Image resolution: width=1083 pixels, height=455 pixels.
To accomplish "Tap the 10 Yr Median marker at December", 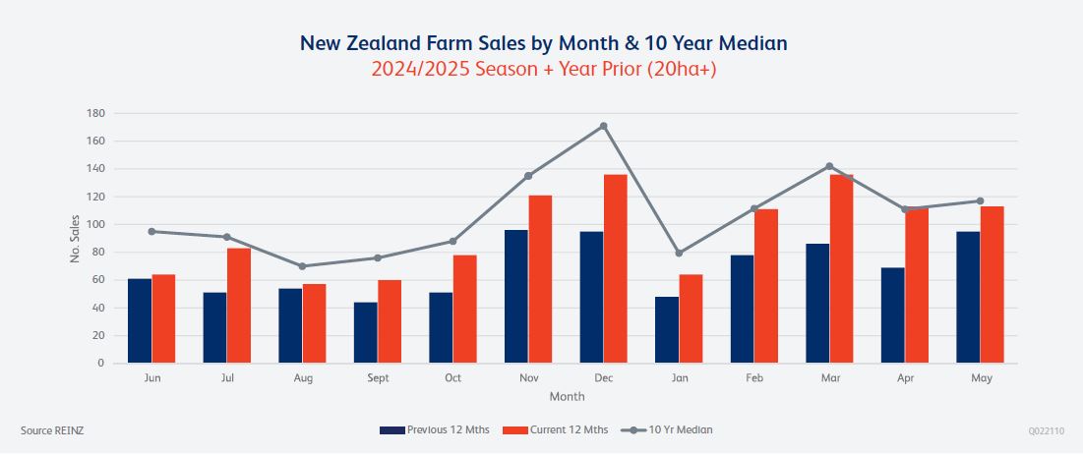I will point(603,126).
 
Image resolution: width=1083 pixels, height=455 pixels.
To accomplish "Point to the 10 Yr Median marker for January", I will point(679,254).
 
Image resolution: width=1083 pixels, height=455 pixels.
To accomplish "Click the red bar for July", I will point(238,305).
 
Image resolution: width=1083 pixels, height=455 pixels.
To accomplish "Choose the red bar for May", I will point(992,284).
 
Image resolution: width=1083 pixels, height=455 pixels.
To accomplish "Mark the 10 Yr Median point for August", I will point(302,266).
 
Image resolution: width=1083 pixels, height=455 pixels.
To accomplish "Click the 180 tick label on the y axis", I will point(96,113).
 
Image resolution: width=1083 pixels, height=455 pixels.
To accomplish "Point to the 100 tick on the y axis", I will point(96,224).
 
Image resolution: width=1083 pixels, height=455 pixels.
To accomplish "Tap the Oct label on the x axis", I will point(452,377).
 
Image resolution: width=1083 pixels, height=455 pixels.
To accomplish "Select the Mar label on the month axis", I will point(829,377).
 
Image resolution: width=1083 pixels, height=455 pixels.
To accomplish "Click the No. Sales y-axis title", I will point(75,238).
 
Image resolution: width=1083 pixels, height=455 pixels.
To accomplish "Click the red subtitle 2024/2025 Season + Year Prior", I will point(544,70).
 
